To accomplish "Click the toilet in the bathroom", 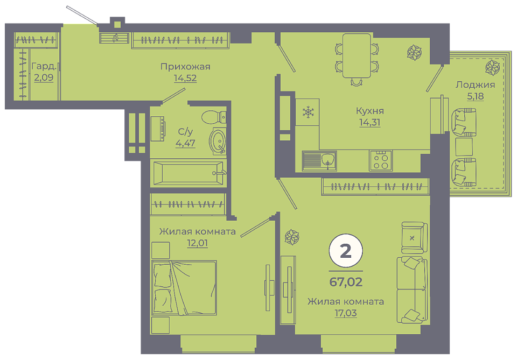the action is (x=214, y=117).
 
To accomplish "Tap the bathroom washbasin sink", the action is (x=218, y=142).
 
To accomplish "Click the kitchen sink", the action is (x=319, y=161).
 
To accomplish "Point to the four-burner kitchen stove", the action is (x=381, y=160).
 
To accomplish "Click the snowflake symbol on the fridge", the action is (x=308, y=112).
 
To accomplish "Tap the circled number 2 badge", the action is (x=346, y=251).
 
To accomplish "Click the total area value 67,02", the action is (x=346, y=282).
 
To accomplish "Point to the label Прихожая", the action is (x=185, y=67).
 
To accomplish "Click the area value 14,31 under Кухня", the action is (x=369, y=122).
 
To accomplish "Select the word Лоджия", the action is (x=475, y=84).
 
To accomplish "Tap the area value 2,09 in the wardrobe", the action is (x=44, y=77).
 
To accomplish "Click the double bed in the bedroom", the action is (x=184, y=288).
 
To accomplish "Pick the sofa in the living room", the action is (x=412, y=290).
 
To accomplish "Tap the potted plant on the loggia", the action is (x=493, y=67).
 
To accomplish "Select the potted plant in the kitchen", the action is (x=414, y=52).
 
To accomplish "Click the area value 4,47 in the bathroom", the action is (x=185, y=143).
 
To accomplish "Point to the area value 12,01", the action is (x=197, y=243).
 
